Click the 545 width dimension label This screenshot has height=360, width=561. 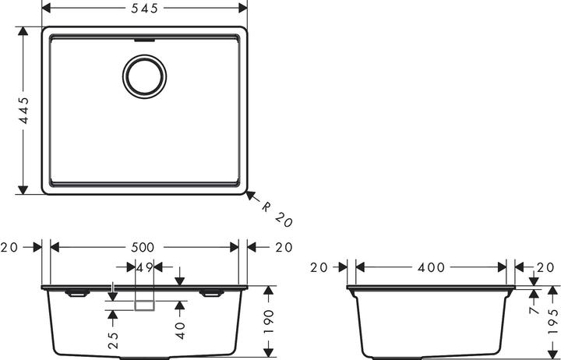point(144,9)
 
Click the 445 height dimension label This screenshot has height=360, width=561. point(23,111)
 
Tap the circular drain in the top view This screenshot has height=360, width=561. point(145,76)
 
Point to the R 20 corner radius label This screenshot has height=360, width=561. point(277,214)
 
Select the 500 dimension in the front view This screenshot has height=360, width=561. point(143,247)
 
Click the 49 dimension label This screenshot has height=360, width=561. point(145,267)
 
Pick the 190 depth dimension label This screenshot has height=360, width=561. point(268,322)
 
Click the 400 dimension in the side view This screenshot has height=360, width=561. point(431,267)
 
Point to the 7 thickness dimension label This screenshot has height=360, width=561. point(534,309)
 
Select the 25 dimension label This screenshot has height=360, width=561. point(113,341)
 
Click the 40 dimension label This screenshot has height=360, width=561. point(180,330)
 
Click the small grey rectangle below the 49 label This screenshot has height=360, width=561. point(145,305)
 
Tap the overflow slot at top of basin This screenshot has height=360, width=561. point(145,41)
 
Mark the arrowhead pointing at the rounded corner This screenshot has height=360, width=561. point(250,195)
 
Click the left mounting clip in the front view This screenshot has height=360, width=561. point(77,294)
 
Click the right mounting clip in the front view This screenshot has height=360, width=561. point(212,294)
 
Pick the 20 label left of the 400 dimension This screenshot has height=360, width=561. point(319,267)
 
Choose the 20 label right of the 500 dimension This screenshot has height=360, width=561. point(284,247)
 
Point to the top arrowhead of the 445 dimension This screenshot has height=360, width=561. point(23,30)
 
